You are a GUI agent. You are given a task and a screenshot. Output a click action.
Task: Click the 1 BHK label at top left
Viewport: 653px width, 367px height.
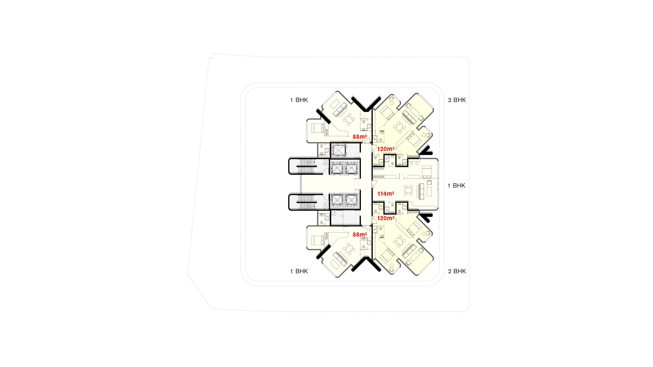click(299, 100)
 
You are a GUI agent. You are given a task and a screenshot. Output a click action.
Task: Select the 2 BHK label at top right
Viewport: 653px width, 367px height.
click(457, 100)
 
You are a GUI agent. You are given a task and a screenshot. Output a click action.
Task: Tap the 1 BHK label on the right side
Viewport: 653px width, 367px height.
click(456, 186)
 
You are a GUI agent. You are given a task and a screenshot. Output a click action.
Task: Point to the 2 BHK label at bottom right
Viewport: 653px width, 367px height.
click(457, 271)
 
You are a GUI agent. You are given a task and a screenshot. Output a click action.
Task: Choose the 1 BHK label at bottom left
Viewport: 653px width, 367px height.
click(299, 271)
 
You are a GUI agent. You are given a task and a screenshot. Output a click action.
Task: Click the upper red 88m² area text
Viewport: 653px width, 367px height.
click(360, 137)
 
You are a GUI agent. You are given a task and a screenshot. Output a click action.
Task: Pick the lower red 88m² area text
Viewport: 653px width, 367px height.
click(360, 235)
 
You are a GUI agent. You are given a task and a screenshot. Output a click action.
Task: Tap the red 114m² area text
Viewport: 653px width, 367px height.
click(386, 194)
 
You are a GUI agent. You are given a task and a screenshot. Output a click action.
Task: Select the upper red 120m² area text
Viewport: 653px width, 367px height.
click(386, 149)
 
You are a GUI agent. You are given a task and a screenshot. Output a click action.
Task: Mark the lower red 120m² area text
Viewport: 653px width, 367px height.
click(386, 218)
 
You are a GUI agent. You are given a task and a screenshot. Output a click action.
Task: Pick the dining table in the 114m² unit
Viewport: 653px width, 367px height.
click(408, 190)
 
